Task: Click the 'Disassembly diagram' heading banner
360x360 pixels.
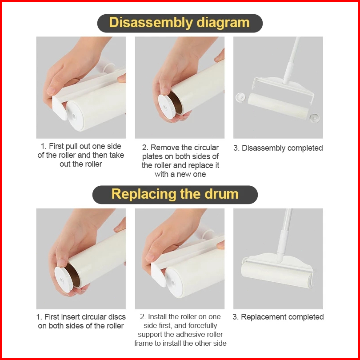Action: click(180, 23)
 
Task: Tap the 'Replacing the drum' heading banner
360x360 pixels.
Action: click(175, 195)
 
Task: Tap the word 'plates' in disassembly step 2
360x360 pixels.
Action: click(152, 157)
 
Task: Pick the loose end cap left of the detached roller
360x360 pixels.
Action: click(240, 97)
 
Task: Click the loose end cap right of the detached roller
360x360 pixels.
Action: click(314, 118)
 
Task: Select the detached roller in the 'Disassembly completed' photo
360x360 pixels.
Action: click(278, 106)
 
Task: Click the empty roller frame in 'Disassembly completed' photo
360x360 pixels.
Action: click(283, 87)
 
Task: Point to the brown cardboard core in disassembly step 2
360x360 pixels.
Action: click(176, 103)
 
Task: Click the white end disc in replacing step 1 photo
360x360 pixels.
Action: click(64, 279)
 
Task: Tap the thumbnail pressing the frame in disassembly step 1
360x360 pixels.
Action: click(51, 91)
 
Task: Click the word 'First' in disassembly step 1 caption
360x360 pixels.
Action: click(56, 146)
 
